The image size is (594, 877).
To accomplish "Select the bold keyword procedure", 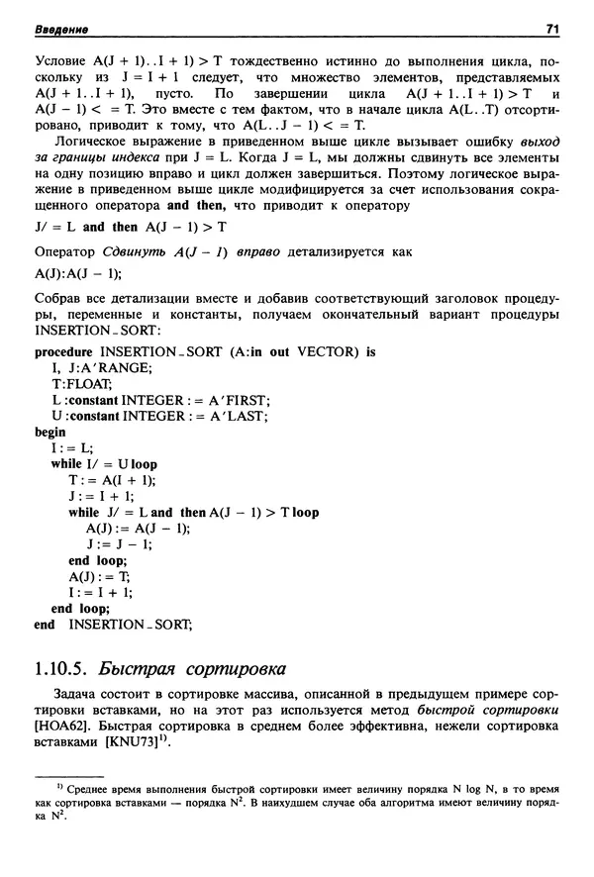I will [x=68, y=351].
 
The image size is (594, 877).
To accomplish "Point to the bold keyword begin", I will [x=49, y=432].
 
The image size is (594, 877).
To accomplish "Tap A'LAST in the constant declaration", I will [x=238, y=416].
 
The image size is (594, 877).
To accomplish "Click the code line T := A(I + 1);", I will [x=112, y=480].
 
